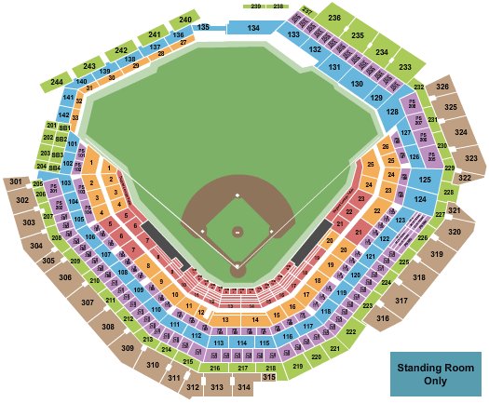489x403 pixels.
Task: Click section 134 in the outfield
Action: pyautogui.click(x=253, y=30)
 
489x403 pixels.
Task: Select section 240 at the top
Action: pyautogui.click(x=185, y=20)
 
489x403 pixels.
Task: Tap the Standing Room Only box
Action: pyautogui.click(x=431, y=374)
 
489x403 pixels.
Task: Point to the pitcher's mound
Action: pyautogui.click(x=238, y=231)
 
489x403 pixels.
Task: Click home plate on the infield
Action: pyautogui.click(x=238, y=266)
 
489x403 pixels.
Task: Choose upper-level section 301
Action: pyautogui.click(x=15, y=181)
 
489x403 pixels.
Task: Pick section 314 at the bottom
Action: pyautogui.click(x=243, y=386)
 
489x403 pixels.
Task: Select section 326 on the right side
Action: pyautogui.click(x=442, y=87)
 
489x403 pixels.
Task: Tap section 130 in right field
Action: pyautogui.click(x=356, y=84)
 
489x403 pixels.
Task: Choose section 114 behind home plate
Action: pyautogui.click(x=241, y=343)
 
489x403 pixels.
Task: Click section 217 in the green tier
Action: pyautogui.click(x=245, y=369)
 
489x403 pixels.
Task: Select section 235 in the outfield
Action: pyautogui.click(x=357, y=35)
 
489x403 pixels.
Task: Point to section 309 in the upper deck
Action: pyautogui.click(x=127, y=348)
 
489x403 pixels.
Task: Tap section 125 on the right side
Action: pyautogui.click(x=423, y=178)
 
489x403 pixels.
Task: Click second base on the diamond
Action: pyautogui.click(x=238, y=195)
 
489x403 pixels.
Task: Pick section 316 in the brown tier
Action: pyautogui.click(x=383, y=319)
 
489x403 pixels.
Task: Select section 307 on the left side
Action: pyautogui.click(x=87, y=303)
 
